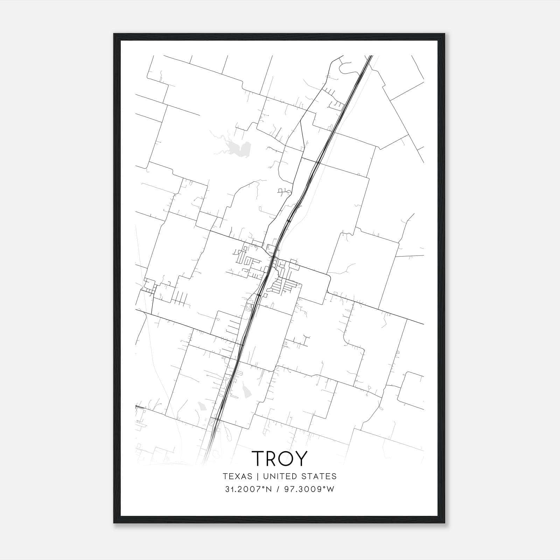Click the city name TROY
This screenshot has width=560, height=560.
(x=279, y=458)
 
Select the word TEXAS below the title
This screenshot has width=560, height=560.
(x=237, y=476)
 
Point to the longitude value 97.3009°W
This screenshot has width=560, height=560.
(x=309, y=489)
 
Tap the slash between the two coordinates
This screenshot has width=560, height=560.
(x=279, y=489)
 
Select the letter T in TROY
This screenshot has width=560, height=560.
(x=258, y=458)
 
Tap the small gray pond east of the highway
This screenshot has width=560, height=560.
(x=247, y=390)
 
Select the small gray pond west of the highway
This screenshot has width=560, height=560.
(x=202, y=407)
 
